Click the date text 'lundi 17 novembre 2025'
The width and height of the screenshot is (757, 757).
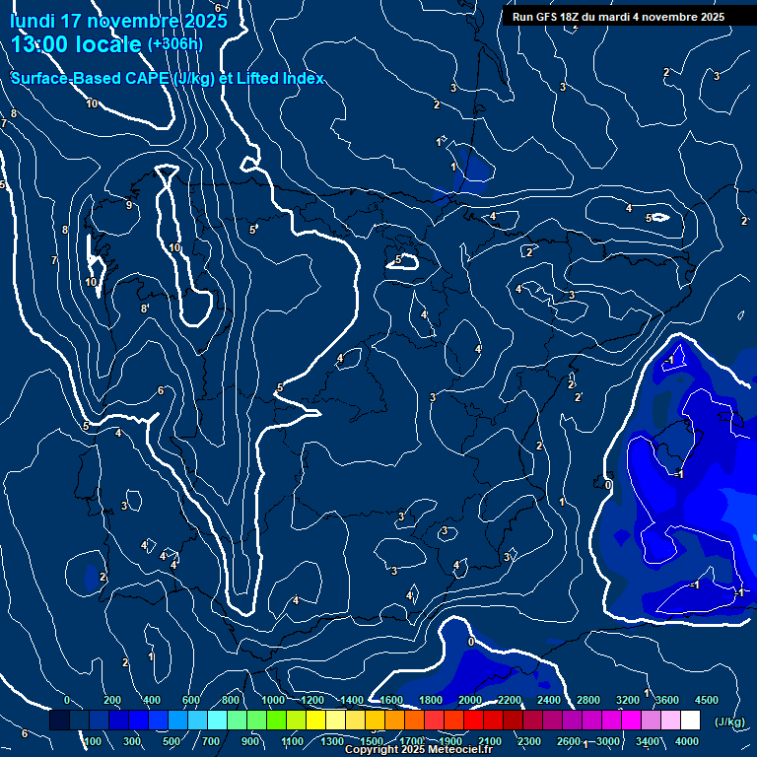118,21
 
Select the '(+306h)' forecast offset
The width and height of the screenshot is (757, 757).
175,44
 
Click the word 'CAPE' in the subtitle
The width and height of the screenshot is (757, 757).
143,79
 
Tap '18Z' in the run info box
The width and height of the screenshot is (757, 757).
582,17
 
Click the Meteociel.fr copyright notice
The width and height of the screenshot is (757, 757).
418,750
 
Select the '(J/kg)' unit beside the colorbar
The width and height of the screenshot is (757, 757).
729,723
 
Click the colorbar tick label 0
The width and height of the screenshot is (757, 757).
66,700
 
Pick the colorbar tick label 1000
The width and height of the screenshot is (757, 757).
273,700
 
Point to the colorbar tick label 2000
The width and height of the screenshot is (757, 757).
470,700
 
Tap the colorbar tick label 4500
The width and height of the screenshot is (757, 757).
707,700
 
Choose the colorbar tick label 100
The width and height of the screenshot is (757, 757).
93,741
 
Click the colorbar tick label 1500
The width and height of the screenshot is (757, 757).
372,741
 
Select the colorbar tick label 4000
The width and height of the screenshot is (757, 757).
687,741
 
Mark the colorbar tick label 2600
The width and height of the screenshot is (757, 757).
569,741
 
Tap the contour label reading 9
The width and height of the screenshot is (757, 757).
128,206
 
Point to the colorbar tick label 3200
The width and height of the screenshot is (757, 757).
628,700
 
